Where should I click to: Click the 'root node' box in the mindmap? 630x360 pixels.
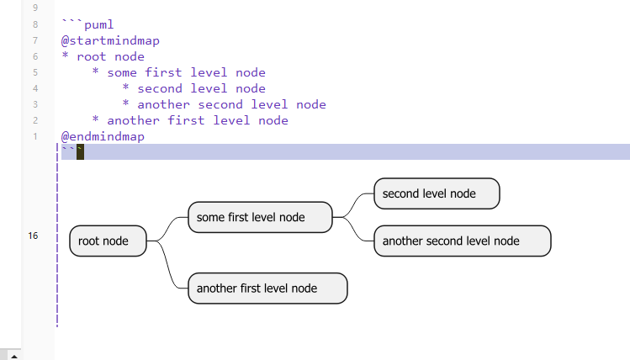108,241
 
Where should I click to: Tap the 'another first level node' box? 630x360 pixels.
267,288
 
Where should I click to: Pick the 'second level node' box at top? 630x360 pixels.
437,193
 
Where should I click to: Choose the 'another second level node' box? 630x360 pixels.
462,241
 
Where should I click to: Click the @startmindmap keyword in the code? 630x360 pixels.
110,40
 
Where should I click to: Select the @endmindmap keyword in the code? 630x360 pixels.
103,136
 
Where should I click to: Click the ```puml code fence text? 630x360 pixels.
87,24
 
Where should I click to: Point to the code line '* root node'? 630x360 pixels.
103,56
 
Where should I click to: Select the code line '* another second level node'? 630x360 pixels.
224,104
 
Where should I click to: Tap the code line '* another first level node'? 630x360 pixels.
190,120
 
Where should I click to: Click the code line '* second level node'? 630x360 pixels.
193,88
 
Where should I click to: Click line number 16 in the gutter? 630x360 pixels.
33,236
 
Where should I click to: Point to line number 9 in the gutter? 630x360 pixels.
34,8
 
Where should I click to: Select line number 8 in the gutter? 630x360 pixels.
34,24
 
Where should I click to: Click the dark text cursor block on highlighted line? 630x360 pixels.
81,151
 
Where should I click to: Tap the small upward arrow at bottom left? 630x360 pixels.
13,355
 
